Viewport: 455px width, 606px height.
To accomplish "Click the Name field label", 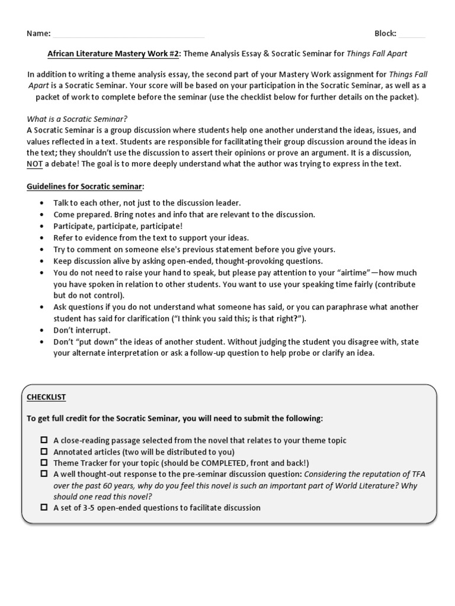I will point(39,34).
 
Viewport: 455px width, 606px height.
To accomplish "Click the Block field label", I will point(385,34).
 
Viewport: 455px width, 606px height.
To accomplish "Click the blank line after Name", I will point(129,36).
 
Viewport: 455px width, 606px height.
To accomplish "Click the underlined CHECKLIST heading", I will point(46,397).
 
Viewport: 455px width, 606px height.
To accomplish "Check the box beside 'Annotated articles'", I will point(44,451).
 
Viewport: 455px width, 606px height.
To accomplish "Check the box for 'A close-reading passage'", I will point(44,440).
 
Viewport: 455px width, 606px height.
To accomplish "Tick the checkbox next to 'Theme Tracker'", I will point(44,462).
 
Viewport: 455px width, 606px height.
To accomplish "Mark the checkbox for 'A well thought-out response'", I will point(44,473).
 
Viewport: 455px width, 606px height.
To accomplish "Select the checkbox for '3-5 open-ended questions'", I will point(44,507).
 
